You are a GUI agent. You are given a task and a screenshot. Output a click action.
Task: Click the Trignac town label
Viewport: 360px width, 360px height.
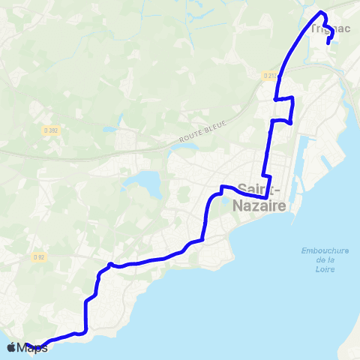coord(330,28)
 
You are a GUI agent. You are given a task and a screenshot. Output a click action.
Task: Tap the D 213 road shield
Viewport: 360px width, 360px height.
coord(271,75)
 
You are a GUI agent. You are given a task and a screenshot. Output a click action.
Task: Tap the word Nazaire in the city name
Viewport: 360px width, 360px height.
coord(262,205)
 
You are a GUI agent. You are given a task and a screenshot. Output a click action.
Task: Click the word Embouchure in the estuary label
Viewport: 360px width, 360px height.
coord(325,250)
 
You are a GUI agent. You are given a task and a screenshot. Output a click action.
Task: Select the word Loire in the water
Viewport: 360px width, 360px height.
coord(325,268)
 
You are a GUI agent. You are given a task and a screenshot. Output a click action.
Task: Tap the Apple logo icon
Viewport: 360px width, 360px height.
coord(11,347)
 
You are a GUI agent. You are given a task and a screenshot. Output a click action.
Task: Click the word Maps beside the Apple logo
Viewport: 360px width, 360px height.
coord(32,347)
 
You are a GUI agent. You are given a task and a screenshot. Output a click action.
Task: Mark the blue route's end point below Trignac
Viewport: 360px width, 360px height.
coord(329,43)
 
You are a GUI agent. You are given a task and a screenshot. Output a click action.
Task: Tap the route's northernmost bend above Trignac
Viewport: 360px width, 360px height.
coord(322,13)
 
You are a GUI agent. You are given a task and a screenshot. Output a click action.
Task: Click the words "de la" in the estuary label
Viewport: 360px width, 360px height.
coord(325,259)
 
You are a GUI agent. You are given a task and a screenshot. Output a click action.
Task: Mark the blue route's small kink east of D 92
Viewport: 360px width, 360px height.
coord(110,264)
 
